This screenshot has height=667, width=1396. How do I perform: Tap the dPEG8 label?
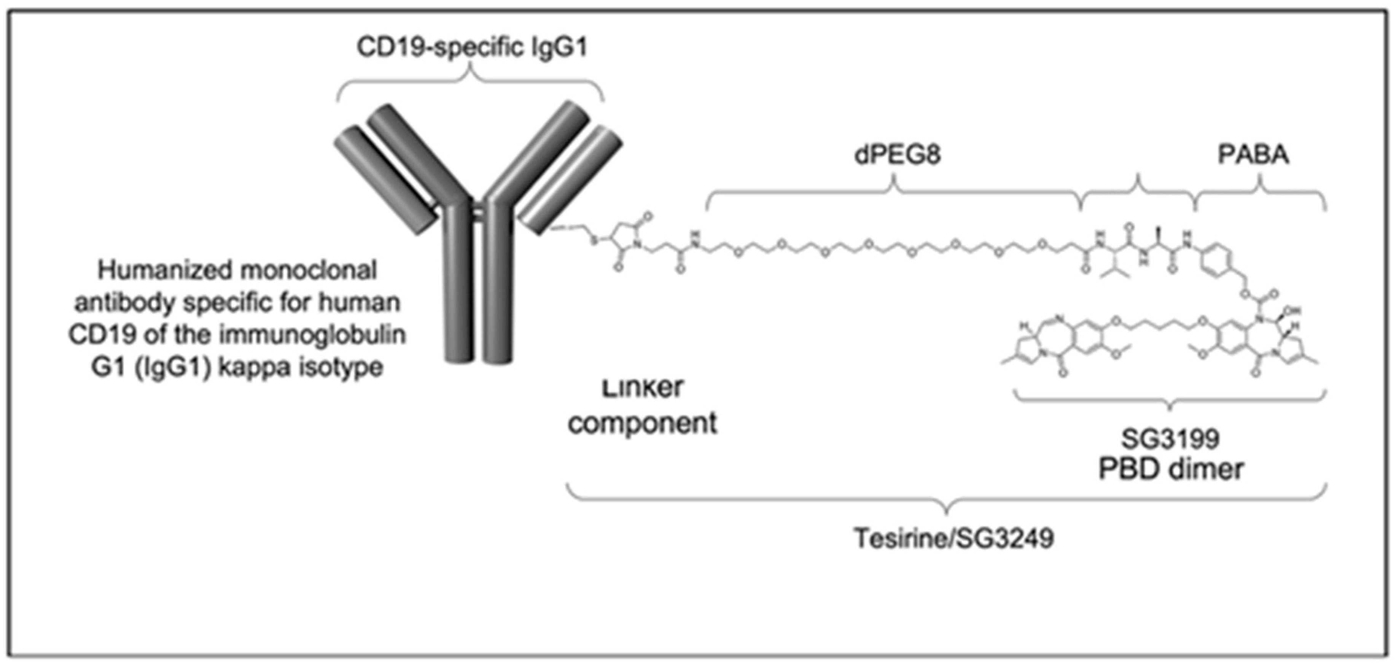897,155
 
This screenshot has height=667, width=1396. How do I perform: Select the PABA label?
1253,155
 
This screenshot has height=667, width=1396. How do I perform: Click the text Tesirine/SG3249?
954,538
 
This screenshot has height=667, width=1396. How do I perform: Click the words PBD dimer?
1170,469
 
